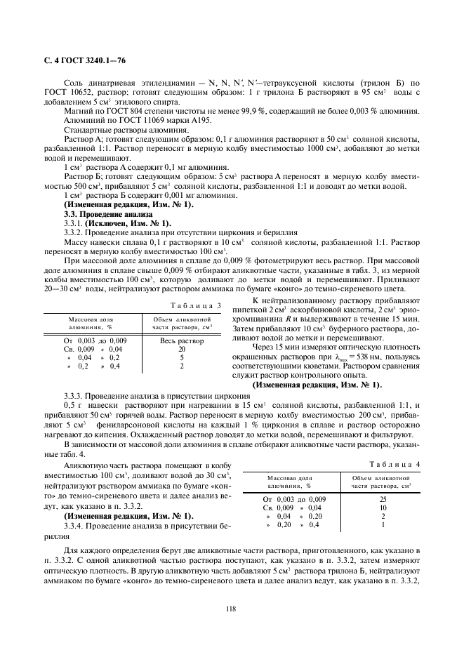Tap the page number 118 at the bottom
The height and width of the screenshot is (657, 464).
[231, 608]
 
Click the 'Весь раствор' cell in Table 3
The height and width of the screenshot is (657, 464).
[182, 340]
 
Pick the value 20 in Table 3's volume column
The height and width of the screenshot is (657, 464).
[182, 349]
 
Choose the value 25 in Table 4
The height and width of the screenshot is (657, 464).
[383, 498]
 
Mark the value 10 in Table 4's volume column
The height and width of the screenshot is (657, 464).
[383, 507]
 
